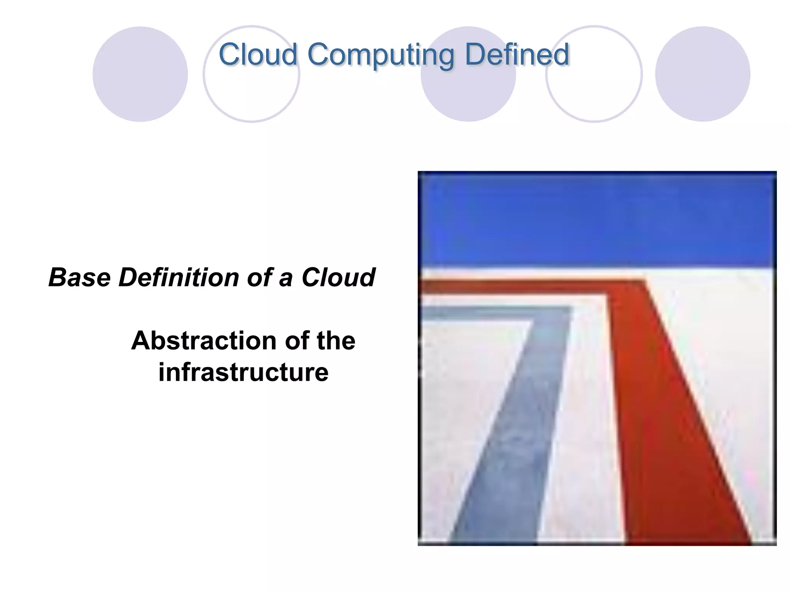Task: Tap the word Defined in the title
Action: pyautogui.click(x=517, y=55)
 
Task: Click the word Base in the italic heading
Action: pyautogui.click(x=79, y=277)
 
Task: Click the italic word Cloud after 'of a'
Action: pyautogui.click(x=338, y=277)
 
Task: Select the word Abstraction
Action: pyautogui.click(x=204, y=341)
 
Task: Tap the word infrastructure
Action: pyautogui.click(x=243, y=372)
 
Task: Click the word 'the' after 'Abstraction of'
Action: pyautogui.click(x=336, y=341)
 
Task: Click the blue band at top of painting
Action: pyautogui.click(x=597, y=220)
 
